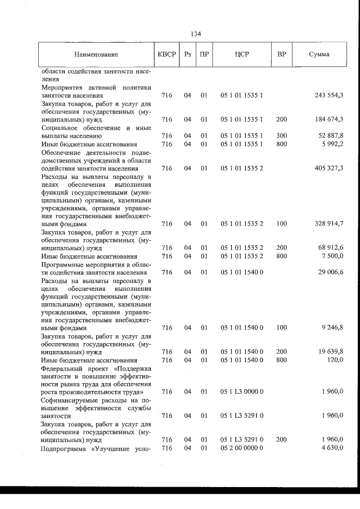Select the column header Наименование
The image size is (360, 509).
[95, 55]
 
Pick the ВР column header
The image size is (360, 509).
[281, 55]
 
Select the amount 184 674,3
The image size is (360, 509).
[329, 119]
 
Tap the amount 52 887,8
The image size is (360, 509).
[331, 136]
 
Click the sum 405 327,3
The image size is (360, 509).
[329, 168]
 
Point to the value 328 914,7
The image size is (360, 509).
[329, 224]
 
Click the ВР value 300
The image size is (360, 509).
[281, 136]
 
